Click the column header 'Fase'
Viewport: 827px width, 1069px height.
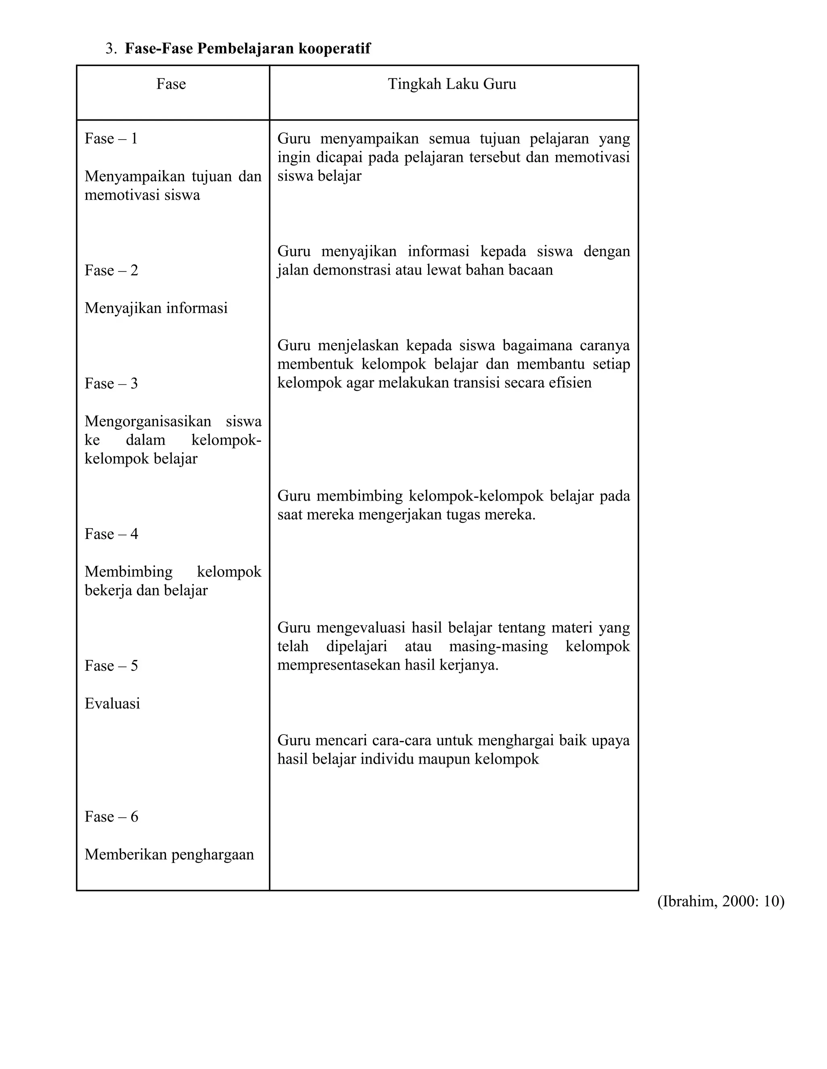[171, 84]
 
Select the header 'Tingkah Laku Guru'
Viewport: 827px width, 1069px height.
[452, 84]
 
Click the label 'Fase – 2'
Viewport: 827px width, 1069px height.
[111, 270]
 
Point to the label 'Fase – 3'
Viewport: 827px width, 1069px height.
[111, 383]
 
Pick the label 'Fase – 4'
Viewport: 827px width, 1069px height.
[111, 534]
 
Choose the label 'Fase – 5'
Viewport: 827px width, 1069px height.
[111, 666]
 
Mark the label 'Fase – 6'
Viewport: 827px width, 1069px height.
[111, 816]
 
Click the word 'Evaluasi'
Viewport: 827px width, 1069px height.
[112, 704]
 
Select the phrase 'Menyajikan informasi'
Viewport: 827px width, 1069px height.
[156, 308]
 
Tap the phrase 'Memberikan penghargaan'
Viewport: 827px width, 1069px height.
[169, 854]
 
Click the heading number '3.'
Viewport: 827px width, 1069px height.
[111, 48]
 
